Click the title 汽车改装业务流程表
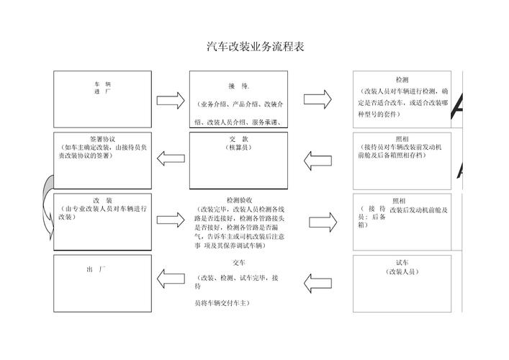pos(255,48)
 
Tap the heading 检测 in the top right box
pos(402,80)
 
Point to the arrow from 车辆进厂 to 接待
pos(171,100)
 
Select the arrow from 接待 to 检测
pos(317,99)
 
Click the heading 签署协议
pos(102,138)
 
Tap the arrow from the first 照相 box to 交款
pos(317,158)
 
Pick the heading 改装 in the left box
pos(102,200)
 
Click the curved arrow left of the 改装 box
pos(47,205)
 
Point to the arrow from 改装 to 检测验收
pos(171,220)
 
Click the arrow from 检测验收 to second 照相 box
pos(323,221)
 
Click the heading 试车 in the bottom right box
pos(402,263)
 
